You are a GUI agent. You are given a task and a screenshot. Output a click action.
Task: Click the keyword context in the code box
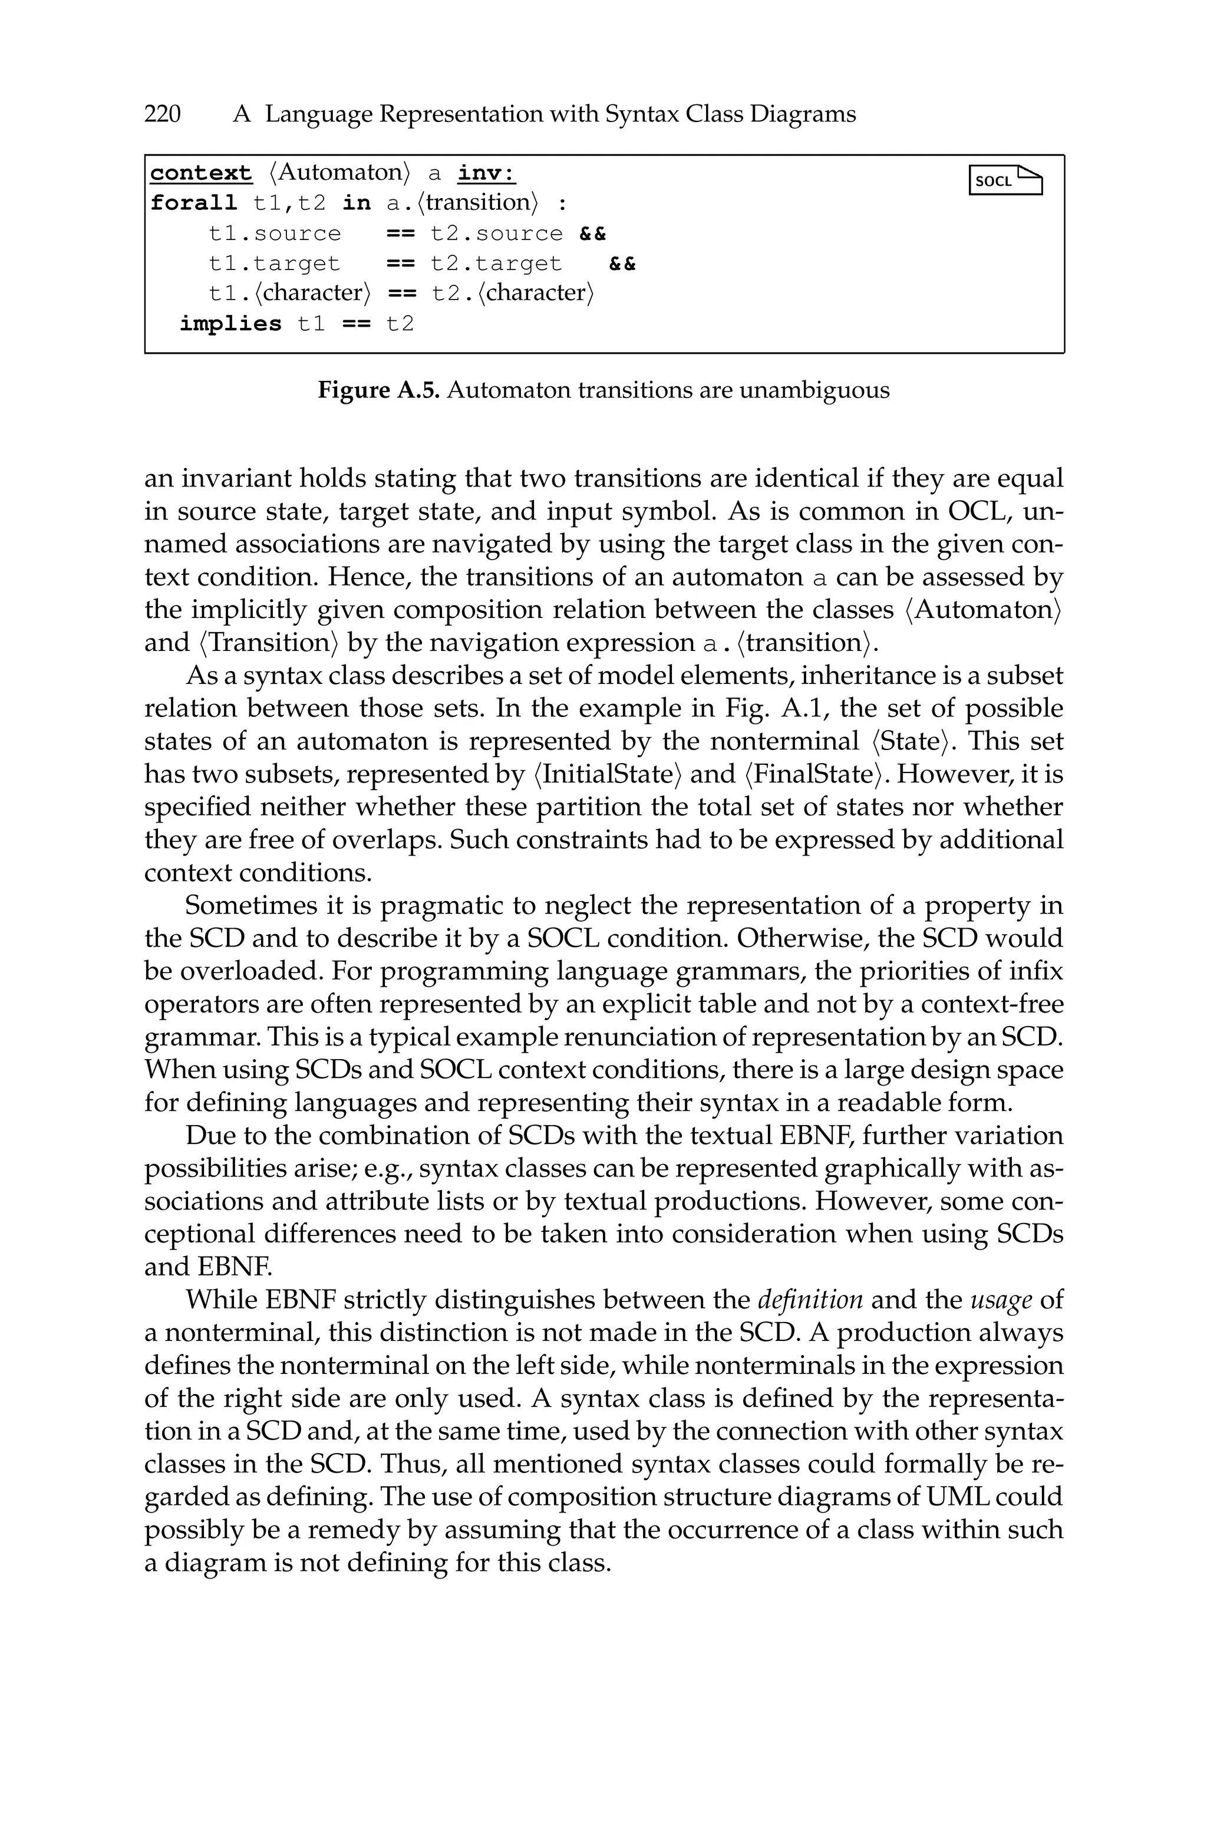pyautogui.click(x=201, y=173)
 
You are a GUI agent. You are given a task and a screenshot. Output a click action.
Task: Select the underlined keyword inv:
pyautogui.click(x=486, y=173)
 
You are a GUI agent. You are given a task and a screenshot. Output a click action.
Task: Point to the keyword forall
pyautogui.click(x=193, y=203)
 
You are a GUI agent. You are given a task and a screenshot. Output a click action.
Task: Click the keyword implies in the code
pyautogui.click(x=230, y=324)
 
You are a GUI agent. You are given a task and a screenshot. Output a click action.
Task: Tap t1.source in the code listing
pyautogui.click(x=274, y=234)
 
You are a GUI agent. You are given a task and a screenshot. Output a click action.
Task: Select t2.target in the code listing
pyautogui.click(x=496, y=264)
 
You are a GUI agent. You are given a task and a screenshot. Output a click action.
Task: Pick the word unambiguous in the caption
pyautogui.click(x=814, y=390)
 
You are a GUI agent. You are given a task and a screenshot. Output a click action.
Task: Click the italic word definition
pyautogui.click(x=810, y=1300)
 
